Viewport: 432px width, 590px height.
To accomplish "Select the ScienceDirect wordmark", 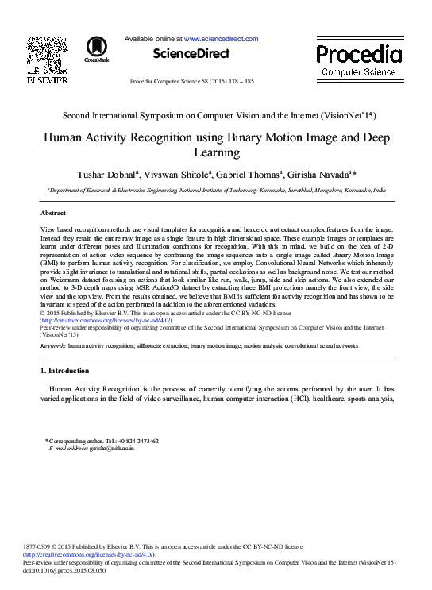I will click(x=191, y=54).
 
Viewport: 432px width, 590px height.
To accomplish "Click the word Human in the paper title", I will click(x=65, y=137).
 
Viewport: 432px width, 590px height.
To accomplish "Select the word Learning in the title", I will click(x=216, y=152).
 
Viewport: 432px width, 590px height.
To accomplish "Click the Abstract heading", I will click(x=52, y=214).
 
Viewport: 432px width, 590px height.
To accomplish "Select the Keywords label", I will click(x=52, y=346).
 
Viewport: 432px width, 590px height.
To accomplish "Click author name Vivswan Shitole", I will click(x=179, y=173).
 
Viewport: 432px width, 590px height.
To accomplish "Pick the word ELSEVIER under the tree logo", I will click(x=47, y=79).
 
